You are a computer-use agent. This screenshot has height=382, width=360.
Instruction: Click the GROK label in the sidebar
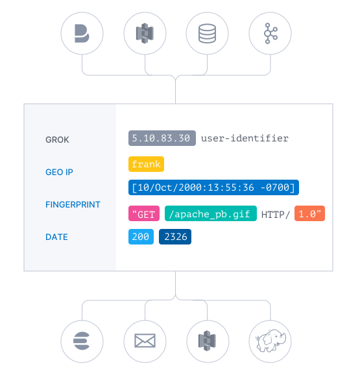click(x=57, y=139)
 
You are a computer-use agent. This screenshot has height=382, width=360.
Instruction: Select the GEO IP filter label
click(x=59, y=172)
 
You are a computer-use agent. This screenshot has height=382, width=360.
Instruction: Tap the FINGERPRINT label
click(x=73, y=204)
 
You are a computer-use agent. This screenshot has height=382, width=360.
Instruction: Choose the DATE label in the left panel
click(x=56, y=237)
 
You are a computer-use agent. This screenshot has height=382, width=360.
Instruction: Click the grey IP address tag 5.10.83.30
click(x=162, y=138)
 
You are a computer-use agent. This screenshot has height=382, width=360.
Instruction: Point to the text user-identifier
click(x=245, y=138)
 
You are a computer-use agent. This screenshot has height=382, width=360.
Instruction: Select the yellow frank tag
click(x=146, y=164)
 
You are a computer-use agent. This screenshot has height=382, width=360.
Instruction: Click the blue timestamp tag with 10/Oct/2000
click(x=213, y=188)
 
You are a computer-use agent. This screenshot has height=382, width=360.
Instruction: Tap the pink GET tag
click(x=144, y=213)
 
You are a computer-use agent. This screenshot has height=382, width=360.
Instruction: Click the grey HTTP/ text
click(x=275, y=213)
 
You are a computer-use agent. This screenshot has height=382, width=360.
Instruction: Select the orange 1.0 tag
click(x=309, y=213)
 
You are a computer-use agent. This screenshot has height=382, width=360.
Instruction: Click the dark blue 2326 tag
click(x=175, y=237)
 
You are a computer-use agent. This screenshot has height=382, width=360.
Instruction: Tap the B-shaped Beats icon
click(x=82, y=34)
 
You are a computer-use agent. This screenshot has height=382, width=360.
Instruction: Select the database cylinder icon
click(x=207, y=34)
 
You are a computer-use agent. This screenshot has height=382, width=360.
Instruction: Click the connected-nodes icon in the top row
click(x=270, y=34)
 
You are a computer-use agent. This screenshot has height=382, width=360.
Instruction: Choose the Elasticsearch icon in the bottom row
click(x=82, y=340)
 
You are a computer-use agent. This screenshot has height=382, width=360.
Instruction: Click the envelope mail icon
click(x=145, y=340)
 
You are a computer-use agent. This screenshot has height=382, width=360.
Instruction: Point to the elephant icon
click(x=270, y=340)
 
